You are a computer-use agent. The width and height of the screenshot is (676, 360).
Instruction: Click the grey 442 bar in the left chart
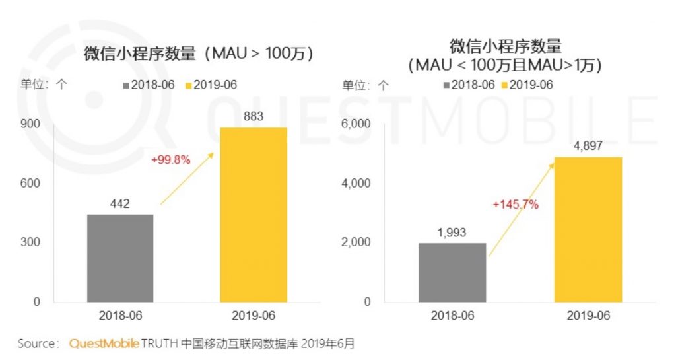point(120,258)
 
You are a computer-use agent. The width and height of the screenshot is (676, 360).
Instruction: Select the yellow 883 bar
point(253,214)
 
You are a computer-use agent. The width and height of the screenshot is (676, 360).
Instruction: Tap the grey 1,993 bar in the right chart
point(452,272)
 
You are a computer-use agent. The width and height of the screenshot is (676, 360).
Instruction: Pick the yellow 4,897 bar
point(588,229)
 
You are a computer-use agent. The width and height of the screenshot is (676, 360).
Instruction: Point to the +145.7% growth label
point(516,205)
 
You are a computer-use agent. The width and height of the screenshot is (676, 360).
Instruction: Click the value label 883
point(253,117)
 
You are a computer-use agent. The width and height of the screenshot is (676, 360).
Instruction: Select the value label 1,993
point(452,232)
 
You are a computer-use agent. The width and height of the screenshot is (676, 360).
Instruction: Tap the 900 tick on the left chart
point(33,124)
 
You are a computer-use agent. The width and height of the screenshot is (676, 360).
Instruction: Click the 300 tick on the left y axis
point(33,242)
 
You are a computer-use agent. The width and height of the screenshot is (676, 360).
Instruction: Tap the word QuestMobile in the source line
point(104,343)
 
